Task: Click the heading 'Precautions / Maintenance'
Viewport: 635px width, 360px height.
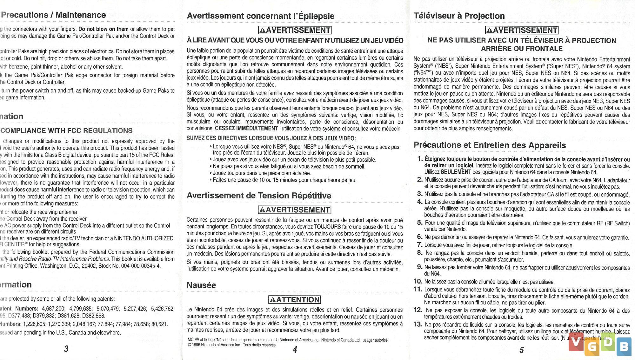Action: pos(53,15)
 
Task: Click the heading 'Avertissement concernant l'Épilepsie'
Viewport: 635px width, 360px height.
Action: pos(260,16)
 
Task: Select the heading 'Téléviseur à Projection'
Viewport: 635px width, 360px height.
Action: pos(459,16)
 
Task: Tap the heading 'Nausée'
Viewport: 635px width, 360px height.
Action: pos(201,285)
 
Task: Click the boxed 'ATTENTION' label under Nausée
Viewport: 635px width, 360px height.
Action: pos(294,300)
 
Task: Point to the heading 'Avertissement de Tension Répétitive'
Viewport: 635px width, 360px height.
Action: pos(259,196)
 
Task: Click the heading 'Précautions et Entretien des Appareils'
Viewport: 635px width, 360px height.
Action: pos(489,145)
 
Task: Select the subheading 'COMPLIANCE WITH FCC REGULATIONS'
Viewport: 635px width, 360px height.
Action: pos(66,130)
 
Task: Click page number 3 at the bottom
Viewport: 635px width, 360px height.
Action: pos(66,349)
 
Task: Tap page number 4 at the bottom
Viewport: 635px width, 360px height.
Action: pos(295,350)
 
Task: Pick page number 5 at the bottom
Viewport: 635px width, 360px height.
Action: pos(521,350)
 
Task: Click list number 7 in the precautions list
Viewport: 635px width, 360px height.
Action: pos(420,245)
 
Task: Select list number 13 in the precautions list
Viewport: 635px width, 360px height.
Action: pos(418,324)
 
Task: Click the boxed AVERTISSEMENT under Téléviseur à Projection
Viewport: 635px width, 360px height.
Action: pos(522,30)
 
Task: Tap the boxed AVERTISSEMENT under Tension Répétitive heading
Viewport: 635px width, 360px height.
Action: pos(294,210)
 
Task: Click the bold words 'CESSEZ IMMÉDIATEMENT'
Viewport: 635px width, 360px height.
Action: pos(246,128)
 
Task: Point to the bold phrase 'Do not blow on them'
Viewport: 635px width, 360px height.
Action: pos(104,29)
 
